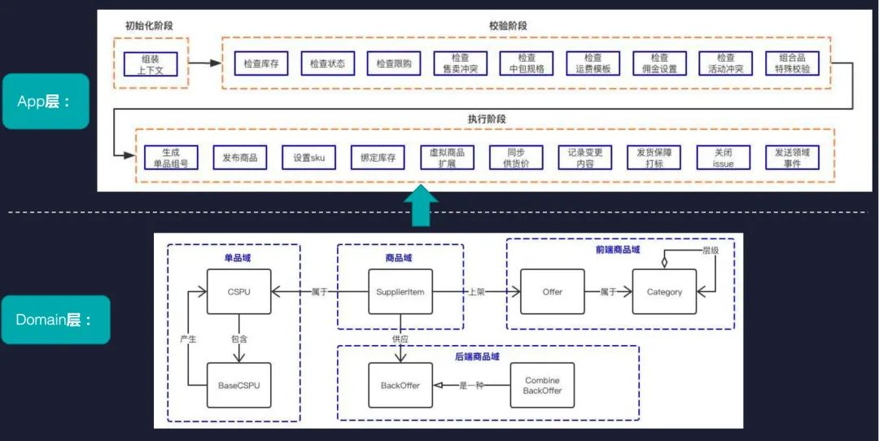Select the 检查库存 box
tap(260, 63)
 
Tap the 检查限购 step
tap(394, 63)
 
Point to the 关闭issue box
tap(724, 157)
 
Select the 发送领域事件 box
tap(793, 157)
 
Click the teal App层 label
tap(46, 102)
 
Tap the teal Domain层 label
tap(56, 320)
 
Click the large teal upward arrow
tap(421, 207)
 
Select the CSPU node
tap(239, 291)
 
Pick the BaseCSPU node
tap(239, 385)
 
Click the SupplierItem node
tap(400, 291)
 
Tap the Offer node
tap(553, 291)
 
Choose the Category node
tap(664, 291)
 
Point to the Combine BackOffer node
tap(542, 385)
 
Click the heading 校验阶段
tap(507, 25)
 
